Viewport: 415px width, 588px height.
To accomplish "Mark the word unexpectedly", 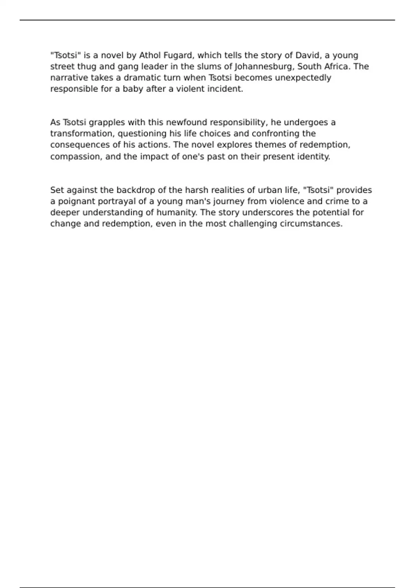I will pyautogui.click(x=303, y=77).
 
